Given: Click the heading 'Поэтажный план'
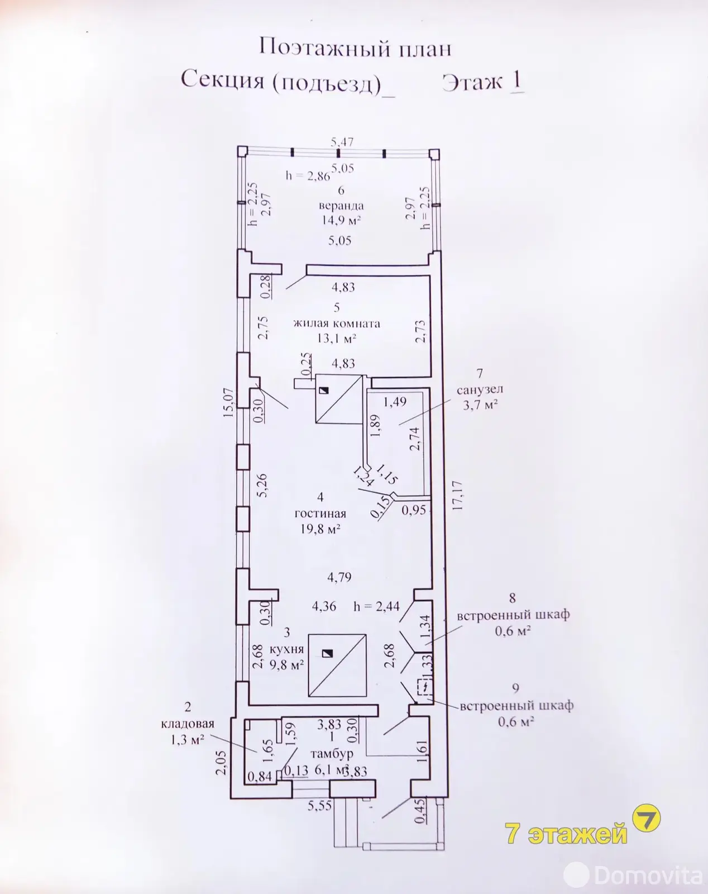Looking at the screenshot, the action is [x=355, y=48].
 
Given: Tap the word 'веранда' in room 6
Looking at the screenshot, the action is [x=341, y=206].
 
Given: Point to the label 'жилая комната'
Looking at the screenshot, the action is [x=337, y=323].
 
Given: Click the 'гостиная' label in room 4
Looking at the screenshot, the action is [x=320, y=513].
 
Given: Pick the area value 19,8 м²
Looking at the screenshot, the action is [x=320, y=529].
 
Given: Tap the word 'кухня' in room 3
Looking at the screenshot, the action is [x=286, y=649].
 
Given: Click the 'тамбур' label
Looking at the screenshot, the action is [x=332, y=753].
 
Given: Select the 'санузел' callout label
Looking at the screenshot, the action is [x=480, y=389].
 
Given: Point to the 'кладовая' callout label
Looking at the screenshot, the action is [x=188, y=724].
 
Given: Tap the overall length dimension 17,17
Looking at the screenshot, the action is [x=457, y=495].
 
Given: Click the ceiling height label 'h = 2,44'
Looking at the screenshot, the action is [x=376, y=607].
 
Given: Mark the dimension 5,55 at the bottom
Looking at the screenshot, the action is [x=320, y=806].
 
